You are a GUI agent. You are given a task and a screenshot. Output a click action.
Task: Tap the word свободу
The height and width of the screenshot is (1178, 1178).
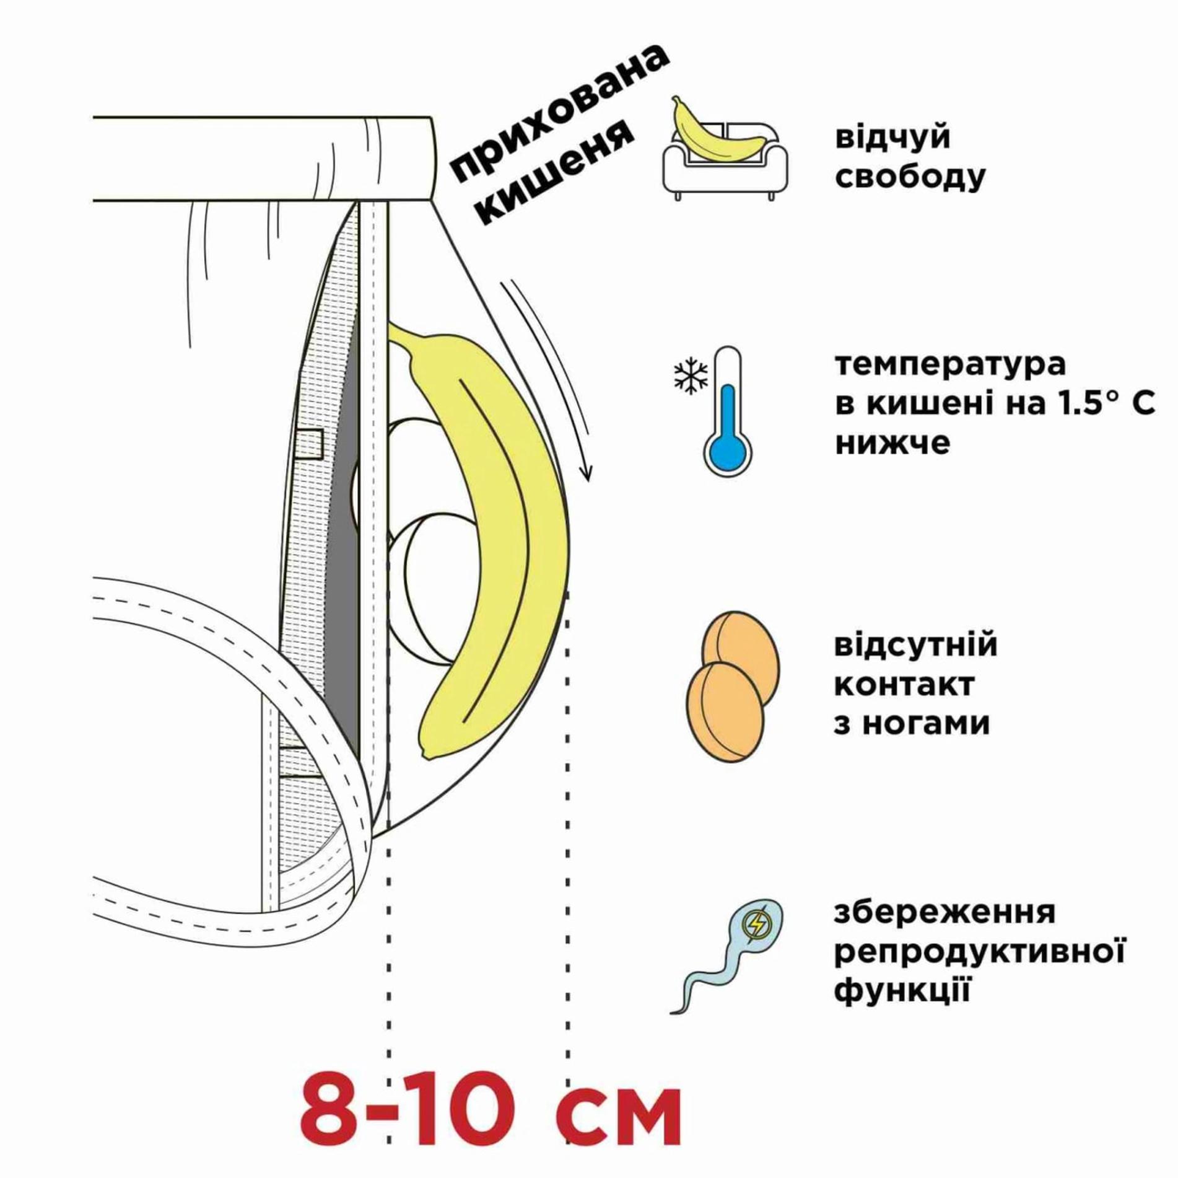click(x=910, y=177)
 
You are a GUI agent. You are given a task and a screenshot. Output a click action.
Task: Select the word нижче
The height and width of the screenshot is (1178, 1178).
click(x=892, y=444)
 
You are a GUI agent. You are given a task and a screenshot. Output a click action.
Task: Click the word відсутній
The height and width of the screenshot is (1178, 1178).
click(x=915, y=644)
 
